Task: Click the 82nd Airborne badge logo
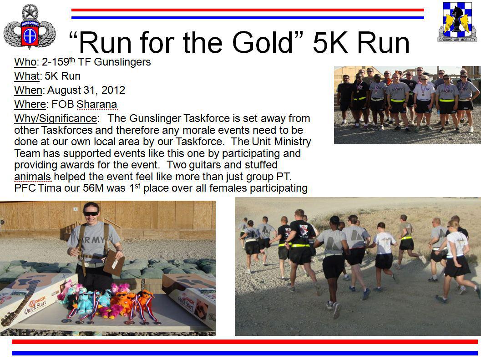[x=30, y=26]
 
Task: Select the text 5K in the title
[x=331, y=42]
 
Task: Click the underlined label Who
[x=25, y=62]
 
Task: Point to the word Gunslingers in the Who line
[x=122, y=62]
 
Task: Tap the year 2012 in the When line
[x=113, y=90]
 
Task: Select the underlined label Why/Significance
[x=56, y=119]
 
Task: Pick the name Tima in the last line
[x=50, y=188]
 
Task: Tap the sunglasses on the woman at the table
[x=91, y=213]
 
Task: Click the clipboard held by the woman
[x=114, y=263]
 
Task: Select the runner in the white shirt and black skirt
[x=457, y=258]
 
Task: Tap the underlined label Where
[x=30, y=104]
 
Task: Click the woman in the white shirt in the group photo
[x=424, y=101]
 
